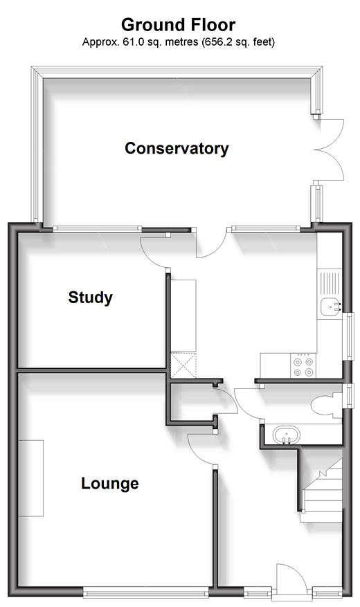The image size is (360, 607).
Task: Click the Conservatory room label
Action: [177, 149]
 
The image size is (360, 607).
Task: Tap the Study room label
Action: [91, 298]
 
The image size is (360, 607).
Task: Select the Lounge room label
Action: [110, 484]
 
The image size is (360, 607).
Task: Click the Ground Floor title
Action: [178, 25]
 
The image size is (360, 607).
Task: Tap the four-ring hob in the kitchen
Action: [303, 366]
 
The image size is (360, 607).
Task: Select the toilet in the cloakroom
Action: [326, 406]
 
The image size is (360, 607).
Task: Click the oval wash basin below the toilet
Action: [286, 435]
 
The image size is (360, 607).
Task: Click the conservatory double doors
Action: [329, 150]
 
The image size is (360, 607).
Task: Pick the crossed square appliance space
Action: [183, 365]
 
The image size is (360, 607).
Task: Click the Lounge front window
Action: [146, 591]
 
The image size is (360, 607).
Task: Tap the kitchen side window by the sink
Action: [350, 336]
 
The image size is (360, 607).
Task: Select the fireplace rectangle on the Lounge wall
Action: [30, 478]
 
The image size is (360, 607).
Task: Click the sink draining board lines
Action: [330, 284]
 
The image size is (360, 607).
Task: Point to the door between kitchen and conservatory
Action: [211, 244]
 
